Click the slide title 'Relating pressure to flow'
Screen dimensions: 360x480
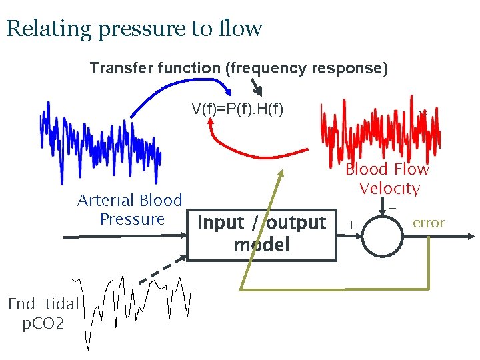coord(134,29)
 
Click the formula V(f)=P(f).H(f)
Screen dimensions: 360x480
coord(237,109)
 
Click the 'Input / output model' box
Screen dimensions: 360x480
coord(261,234)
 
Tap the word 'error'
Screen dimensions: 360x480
coord(428,223)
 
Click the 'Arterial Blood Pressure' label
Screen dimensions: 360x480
coord(130,209)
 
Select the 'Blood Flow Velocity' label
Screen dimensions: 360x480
coord(388,179)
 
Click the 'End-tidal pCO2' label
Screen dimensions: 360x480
coord(43,314)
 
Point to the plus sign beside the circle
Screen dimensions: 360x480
coord(351,224)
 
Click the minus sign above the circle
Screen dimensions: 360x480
coord(393,208)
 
